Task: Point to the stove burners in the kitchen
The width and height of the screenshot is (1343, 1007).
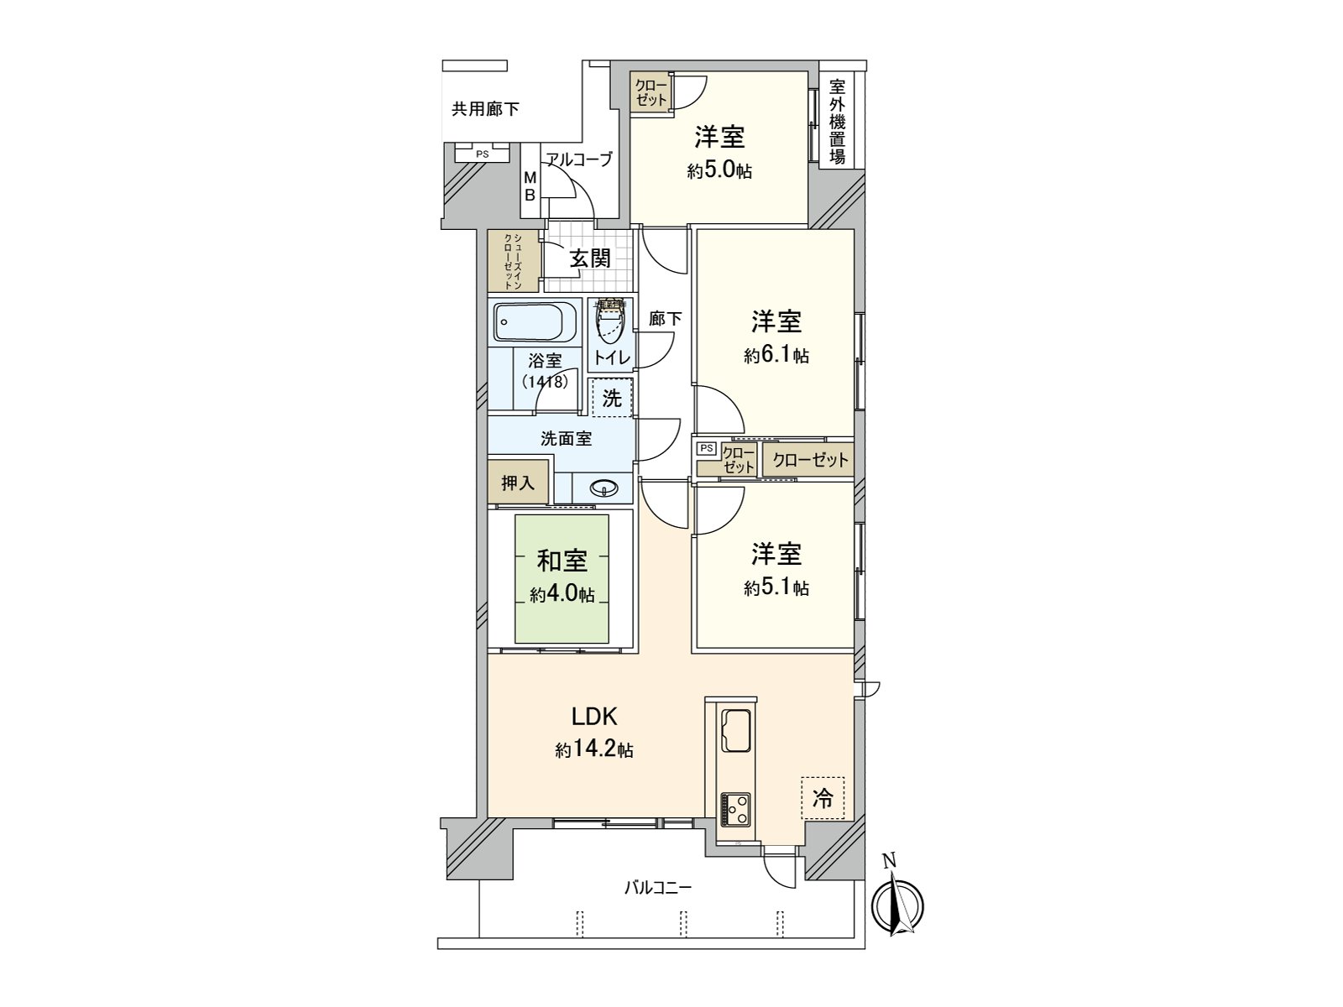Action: coord(736,807)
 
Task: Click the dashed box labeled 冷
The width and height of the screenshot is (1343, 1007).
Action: coord(823,799)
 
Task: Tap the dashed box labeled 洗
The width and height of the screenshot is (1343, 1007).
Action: coord(612,399)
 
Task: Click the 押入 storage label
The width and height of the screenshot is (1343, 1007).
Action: coord(518,483)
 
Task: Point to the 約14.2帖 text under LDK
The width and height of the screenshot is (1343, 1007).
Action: coord(593,749)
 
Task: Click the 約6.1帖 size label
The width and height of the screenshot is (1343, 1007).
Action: coord(776,356)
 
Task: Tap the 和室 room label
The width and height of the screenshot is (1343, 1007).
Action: coord(562,561)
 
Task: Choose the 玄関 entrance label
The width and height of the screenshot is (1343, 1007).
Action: coord(590,258)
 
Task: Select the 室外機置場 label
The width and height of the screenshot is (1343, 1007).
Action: coord(837,122)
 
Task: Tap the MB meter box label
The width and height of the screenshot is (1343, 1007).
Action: coord(530,186)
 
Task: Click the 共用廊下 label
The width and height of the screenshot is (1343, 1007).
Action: coord(485,109)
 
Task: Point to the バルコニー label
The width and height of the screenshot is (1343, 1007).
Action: coord(658,887)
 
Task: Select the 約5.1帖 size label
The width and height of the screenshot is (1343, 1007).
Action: coord(776,588)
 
